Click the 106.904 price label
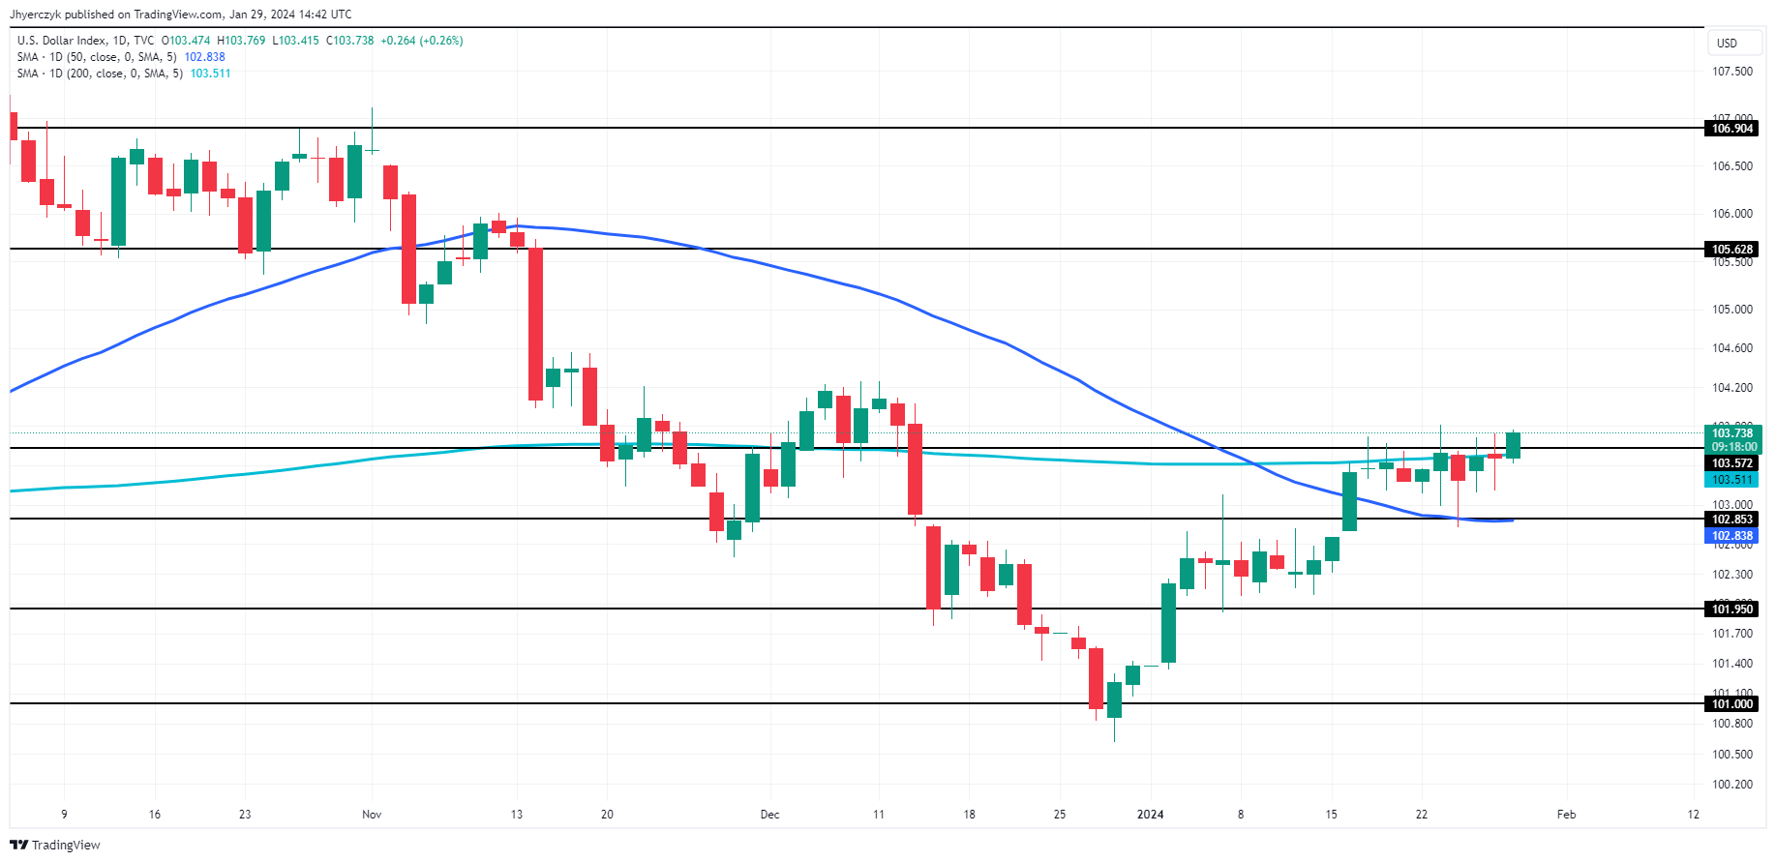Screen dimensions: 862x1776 pos(1731,129)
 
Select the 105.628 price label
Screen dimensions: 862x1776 pos(1731,250)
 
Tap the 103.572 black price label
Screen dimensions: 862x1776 pos(1731,463)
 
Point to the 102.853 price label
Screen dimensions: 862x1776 pos(1731,520)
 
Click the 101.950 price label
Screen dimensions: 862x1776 pos(1731,609)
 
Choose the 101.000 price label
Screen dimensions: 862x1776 pos(1731,704)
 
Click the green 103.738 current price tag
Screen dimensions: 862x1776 pos(1732,433)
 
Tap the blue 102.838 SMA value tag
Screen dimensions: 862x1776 pos(1731,536)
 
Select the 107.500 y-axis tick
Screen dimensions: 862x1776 pos(1731,72)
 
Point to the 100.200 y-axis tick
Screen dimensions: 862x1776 pos(1731,785)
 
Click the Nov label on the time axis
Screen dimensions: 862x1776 pos(372,815)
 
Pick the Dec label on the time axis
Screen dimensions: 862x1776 pos(769,815)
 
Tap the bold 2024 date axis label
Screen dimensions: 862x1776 pos(1150,815)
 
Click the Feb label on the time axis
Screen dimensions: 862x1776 pos(1566,815)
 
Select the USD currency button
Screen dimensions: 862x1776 pos(1727,44)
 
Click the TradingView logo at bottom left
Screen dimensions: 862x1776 pos(55,845)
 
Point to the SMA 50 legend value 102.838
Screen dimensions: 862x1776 pos(204,57)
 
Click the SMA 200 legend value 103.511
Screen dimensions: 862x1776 pos(210,74)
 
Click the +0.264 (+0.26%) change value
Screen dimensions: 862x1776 pos(421,41)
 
